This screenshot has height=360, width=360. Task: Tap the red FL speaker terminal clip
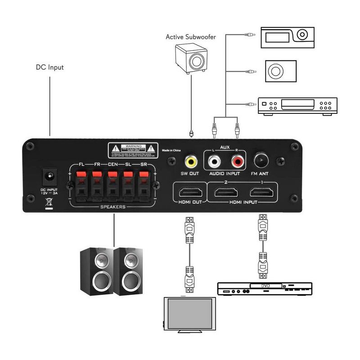(81, 175)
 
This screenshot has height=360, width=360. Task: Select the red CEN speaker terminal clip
(112, 175)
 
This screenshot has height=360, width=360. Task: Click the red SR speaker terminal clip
(144, 175)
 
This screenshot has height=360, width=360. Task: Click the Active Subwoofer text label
(190, 37)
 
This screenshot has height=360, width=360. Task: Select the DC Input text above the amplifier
(50, 67)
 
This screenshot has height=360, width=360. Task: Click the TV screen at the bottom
(188, 314)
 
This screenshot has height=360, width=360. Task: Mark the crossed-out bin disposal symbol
(48, 203)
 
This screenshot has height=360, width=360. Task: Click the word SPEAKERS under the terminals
(112, 207)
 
